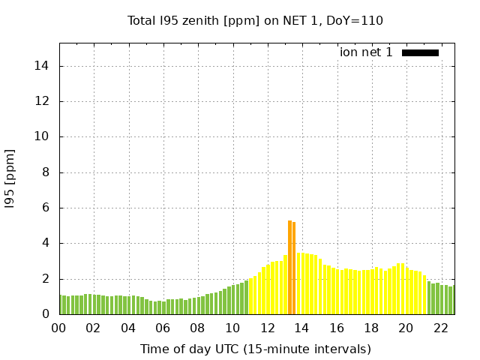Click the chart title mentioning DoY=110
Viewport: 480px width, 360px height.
256,20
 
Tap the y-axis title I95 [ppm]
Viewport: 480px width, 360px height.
10,178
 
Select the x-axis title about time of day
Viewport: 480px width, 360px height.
256,349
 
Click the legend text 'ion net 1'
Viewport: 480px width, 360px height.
366,52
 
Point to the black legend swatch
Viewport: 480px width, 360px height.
420,52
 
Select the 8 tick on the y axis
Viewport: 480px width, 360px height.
46,172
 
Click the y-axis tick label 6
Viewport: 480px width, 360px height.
46,208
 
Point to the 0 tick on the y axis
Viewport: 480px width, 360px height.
46,314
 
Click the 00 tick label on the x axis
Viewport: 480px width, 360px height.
59,328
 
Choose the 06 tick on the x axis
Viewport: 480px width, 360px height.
163,328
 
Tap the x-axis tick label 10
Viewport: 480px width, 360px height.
232,328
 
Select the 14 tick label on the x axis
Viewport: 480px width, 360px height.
301,328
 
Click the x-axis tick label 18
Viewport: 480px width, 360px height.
370,328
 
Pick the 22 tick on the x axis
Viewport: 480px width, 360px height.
440,328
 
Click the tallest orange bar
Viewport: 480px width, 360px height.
289,268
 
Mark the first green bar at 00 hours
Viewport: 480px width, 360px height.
61,305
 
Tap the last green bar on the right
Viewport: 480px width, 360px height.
451,300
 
